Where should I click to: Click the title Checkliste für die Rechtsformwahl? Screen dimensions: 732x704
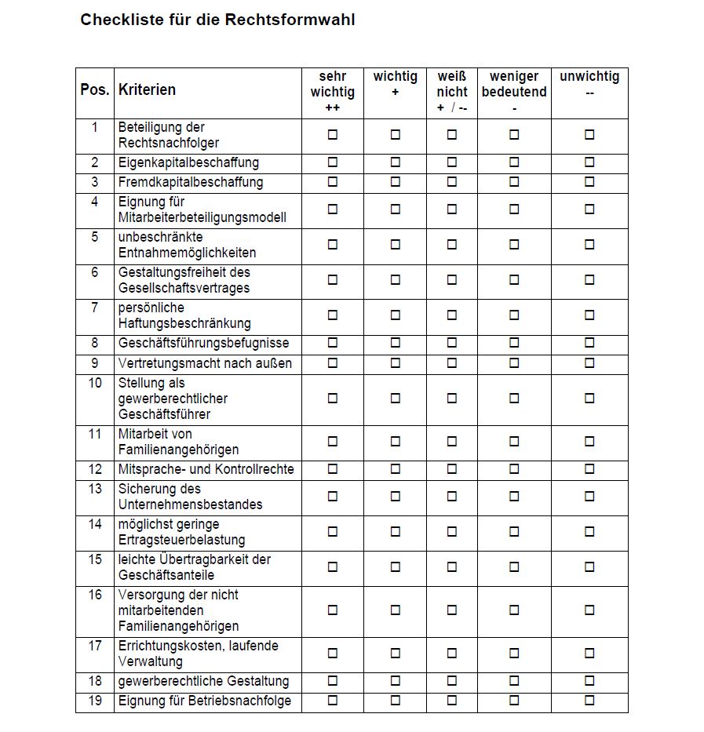point(217,20)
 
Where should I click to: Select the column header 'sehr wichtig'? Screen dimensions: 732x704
point(332,92)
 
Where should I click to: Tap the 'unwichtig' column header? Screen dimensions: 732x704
point(589,84)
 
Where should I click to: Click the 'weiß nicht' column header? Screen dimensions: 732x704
point(451,92)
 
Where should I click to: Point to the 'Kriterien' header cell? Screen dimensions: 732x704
point(147,89)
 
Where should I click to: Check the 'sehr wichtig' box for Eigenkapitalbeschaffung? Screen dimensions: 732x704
point(333,162)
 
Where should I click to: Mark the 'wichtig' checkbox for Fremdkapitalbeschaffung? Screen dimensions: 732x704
point(396,182)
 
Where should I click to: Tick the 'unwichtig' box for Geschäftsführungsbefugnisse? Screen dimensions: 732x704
point(589,343)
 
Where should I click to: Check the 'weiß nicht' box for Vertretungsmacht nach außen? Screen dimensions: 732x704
point(452,362)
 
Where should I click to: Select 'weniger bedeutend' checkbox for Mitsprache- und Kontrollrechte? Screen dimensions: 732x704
point(514,468)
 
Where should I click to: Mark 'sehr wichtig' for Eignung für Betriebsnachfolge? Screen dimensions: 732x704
point(333,700)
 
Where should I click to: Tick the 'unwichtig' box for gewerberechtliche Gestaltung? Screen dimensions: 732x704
point(589,680)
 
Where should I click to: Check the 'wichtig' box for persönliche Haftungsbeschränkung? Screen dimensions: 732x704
point(396,315)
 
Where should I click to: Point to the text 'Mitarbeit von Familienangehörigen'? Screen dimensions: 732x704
point(178,442)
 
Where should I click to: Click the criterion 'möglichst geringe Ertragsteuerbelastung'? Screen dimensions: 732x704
point(181,532)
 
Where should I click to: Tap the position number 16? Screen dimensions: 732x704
point(95,595)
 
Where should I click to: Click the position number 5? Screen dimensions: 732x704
point(95,237)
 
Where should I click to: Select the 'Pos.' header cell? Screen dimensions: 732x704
point(95,89)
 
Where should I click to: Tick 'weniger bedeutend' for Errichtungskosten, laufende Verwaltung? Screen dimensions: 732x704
point(514,653)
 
